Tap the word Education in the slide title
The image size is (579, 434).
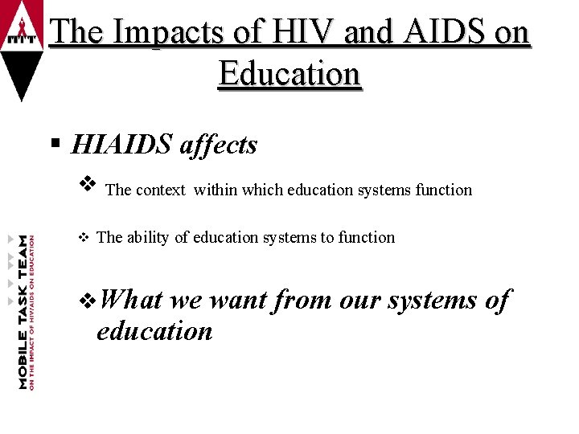coord(289,74)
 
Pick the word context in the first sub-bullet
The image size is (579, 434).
coord(161,190)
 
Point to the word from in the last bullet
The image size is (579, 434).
coord(302,300)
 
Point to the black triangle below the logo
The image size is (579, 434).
coord(22,76)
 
